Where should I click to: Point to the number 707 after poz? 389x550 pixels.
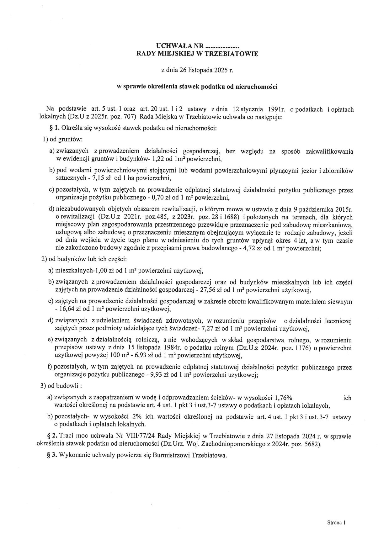131,117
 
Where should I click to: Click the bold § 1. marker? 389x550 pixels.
53,128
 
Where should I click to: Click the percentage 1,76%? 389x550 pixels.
283,398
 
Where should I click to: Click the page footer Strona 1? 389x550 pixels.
336,523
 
